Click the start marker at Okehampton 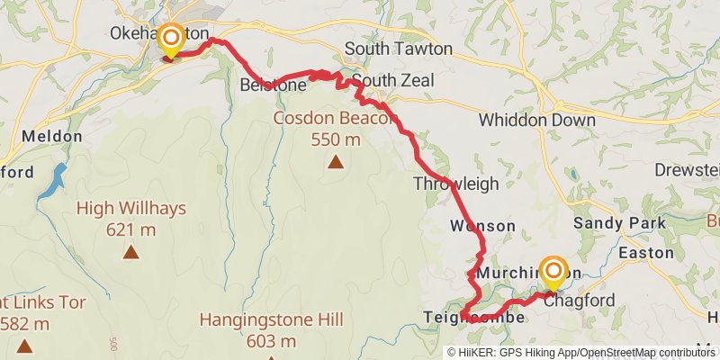pos(170,40)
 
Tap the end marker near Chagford pos(552,272)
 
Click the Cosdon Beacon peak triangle pos(336,162)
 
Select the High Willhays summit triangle pos(131,252)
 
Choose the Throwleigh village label pos(455,184)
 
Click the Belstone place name pos(274,85)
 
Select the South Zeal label pos(392,81)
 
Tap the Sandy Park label pos(619,223)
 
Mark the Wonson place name pos(484,226)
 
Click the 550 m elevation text pos(336,139)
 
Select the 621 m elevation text pos(131,229)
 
